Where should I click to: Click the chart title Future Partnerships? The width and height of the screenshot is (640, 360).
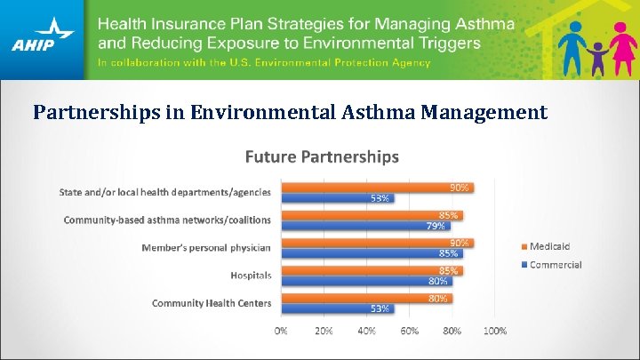coord(322,156)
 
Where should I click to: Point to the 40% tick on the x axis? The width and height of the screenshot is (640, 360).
coord(366,331)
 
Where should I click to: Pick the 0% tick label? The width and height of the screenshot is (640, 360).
coord(281,331)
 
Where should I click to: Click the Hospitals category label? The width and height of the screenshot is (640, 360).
coord(251,276)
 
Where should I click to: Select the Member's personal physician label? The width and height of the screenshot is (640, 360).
coord(206,247)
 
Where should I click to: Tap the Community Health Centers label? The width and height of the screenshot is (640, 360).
coord(212,303)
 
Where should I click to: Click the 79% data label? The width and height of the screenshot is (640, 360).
coord(436,226)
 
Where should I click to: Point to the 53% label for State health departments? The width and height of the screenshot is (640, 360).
coord(380,198)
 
